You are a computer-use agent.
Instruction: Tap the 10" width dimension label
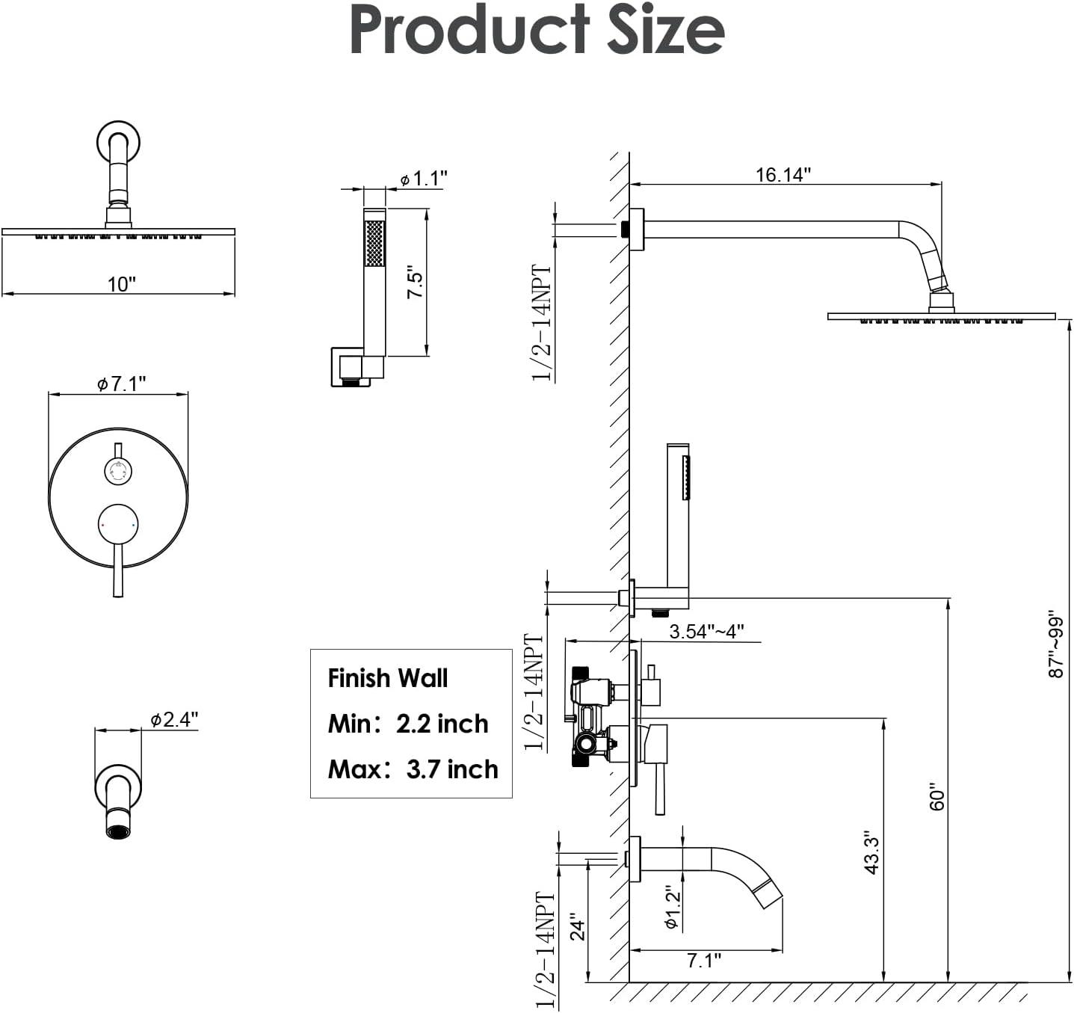121,284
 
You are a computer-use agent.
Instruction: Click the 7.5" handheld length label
415,283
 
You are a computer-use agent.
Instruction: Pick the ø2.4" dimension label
173,719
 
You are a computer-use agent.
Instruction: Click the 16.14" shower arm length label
783,174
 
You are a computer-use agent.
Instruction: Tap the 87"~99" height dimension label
1055,642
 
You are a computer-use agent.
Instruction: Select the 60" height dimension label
937,796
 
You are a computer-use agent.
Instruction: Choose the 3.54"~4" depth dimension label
706,632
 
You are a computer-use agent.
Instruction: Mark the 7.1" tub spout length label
703,961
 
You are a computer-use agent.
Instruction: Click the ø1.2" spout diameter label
671,908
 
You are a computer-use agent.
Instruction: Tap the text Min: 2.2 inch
408,724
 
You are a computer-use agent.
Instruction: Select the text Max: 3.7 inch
413,769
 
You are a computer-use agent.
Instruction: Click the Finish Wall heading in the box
388,678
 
